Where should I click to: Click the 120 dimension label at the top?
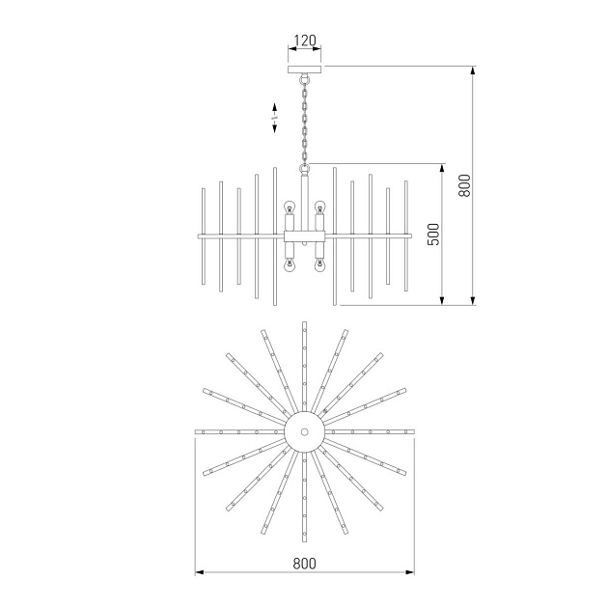(304, 41)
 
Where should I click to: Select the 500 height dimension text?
(434, 234)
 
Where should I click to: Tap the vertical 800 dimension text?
(464, 184)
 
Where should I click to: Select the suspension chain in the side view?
(305, 121)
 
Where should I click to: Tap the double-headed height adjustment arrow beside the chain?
(275, 119)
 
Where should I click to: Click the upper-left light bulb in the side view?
(288, 207)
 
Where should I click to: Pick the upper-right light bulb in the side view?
(320, 207)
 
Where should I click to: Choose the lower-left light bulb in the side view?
(288, 263)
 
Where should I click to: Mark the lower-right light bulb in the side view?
(320, 263)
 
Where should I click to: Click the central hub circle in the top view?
(304, 431)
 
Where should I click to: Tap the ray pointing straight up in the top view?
(304, 367)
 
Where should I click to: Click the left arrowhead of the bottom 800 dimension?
(199, 573)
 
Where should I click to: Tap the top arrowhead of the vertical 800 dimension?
(473, 69)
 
